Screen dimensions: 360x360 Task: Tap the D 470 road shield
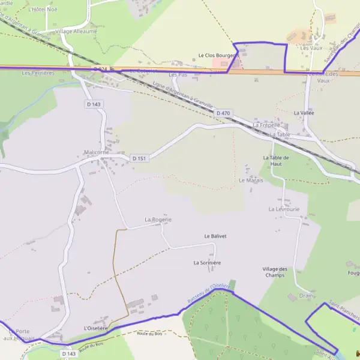coord(223,113)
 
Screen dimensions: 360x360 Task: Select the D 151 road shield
coord(139,158)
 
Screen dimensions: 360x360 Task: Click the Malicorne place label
coord(97,152)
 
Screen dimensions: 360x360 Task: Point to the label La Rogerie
coord(158,220)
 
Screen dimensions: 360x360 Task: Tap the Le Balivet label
coord(215,236)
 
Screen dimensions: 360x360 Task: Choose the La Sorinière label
coord(207,263)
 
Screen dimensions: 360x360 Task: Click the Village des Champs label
coord(275,272)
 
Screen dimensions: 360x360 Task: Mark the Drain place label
coord(306,295)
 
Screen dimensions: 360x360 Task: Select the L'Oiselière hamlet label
coord(96,328)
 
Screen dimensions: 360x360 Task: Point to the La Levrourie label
coord(284,209)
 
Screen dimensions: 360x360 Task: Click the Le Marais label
coord(251,180)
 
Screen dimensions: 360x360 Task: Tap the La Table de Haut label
coord(276,160)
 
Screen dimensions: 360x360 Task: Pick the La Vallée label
coord(304,113)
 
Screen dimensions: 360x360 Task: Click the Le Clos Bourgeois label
coord(218,56)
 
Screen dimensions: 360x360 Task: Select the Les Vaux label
coord(311,47)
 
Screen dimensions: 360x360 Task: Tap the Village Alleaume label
coord(76,31)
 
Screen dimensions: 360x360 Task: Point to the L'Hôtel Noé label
coord(43,10)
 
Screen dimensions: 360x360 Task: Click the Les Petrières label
coord(38,73)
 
